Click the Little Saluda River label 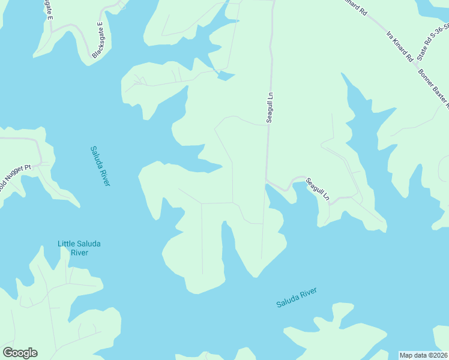coord(79,248)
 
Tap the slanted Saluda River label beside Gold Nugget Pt coord(100,166)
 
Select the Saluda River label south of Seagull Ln coord(296,298)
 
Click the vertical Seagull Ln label coord(270,107)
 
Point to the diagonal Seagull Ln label coord(318,189)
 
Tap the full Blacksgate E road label coord(97,40)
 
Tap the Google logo coord(20,353)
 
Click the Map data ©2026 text coord(423,355)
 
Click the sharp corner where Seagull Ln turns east coord(267,179)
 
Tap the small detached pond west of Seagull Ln coord(225,76)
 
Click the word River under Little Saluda coord(79,253)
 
